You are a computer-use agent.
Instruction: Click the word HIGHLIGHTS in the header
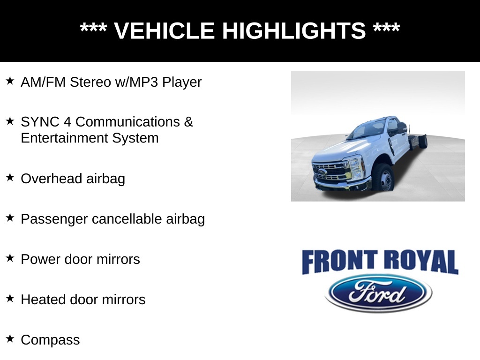(x=293, y=31)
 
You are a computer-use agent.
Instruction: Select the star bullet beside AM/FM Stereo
(x=10, y=81)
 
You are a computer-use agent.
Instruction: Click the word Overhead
(x=52, y=179)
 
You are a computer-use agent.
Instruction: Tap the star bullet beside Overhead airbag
(x=10, y=178)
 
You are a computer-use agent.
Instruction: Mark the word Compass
(x=50, y=340)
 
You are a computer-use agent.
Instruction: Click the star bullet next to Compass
(x=10, y=338)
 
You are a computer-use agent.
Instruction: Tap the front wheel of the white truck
(x=383, y=178)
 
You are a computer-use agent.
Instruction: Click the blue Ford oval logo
(x=378, y=293)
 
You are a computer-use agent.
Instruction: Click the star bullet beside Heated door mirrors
(x=10, y=298)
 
